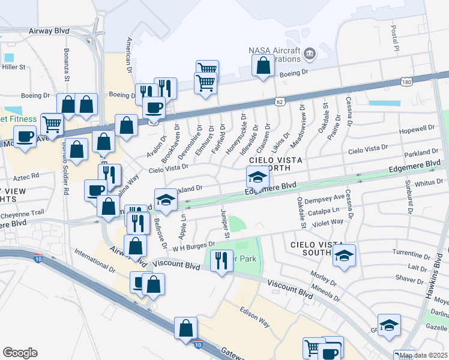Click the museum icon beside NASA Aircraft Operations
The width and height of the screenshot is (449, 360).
click(x=309, y=55)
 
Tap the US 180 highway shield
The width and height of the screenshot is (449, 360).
click(x=406, y=81)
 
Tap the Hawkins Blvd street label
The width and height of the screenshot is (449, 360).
click(x=439, y=277)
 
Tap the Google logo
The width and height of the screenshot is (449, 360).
click(x=20, y=353)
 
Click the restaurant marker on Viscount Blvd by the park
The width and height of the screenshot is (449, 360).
click(x=221, y=261)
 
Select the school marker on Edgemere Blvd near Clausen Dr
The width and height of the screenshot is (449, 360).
click(x=257, y=178)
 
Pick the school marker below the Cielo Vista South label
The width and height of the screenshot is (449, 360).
click(x=344, y=256)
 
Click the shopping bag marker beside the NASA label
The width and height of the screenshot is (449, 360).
click(x=263, y=66)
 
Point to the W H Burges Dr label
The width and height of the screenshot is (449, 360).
click(x=194, y=245)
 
